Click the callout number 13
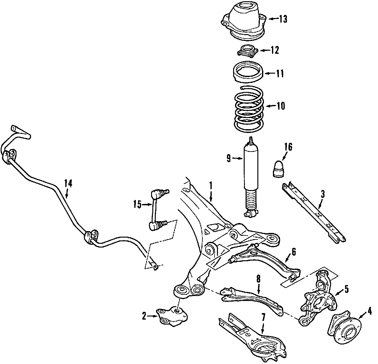point(283,19)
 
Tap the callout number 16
point(288,147)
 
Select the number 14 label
point(68,184)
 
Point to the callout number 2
point(144,316)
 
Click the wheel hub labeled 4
point(343,323)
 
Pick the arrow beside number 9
point(238,159)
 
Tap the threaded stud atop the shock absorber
point(251,140)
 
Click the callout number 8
point(258,278)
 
